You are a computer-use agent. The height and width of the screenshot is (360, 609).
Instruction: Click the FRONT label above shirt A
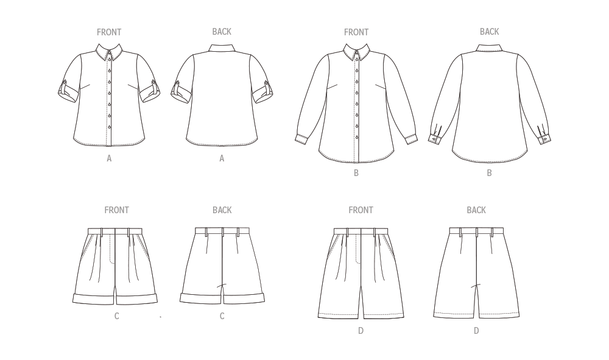109,32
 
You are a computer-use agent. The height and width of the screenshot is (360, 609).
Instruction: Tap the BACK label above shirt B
490,32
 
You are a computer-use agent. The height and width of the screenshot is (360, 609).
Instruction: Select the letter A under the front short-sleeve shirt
109,158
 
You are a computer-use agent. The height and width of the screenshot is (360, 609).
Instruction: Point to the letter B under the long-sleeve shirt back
490,173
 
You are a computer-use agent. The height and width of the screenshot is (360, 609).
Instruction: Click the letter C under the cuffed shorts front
116,316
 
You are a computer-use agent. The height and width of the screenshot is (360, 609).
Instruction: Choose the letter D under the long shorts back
476,331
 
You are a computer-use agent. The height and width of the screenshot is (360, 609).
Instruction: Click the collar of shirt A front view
109,52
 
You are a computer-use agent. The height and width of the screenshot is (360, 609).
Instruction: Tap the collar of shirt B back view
490,48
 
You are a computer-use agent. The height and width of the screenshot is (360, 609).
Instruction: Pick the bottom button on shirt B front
357,136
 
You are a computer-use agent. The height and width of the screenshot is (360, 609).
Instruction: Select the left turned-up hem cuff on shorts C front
94,299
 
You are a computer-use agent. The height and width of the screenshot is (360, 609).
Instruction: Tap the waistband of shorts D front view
361,231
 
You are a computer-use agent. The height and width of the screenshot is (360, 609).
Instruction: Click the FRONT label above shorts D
361,210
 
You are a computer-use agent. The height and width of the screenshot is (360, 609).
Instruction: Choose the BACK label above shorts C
222,210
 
